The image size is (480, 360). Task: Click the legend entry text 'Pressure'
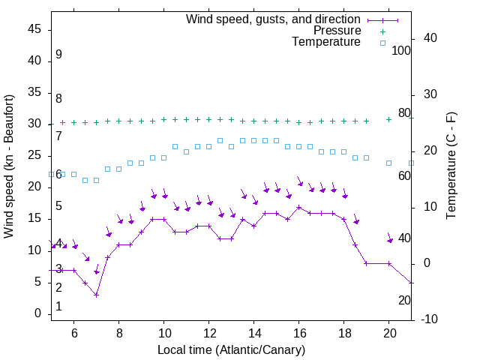(337, 31)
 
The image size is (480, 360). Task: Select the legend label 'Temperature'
(326, 42)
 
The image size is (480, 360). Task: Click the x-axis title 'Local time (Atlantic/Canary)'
(231, 350)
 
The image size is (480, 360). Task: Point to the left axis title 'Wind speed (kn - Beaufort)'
(9, 166)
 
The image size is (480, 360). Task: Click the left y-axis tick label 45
(34, 29)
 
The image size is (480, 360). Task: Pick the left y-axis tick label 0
(37, 313)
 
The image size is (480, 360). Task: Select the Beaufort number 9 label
(58, 55)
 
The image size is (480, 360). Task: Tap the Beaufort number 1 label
(58, 307)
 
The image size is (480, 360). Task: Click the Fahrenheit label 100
(402, 50)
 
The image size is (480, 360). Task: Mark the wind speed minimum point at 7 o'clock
(96, 295)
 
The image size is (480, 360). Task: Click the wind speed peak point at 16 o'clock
(298, 207)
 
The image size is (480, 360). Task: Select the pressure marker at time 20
(388, 119)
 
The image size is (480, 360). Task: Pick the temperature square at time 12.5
(220, 140)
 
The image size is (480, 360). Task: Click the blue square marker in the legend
(382, 43)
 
